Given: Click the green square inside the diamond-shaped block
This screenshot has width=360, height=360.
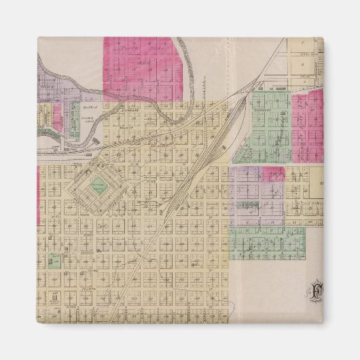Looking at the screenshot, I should tap(101, 185).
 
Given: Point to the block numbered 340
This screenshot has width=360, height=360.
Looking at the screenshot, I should tap(102, 224).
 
